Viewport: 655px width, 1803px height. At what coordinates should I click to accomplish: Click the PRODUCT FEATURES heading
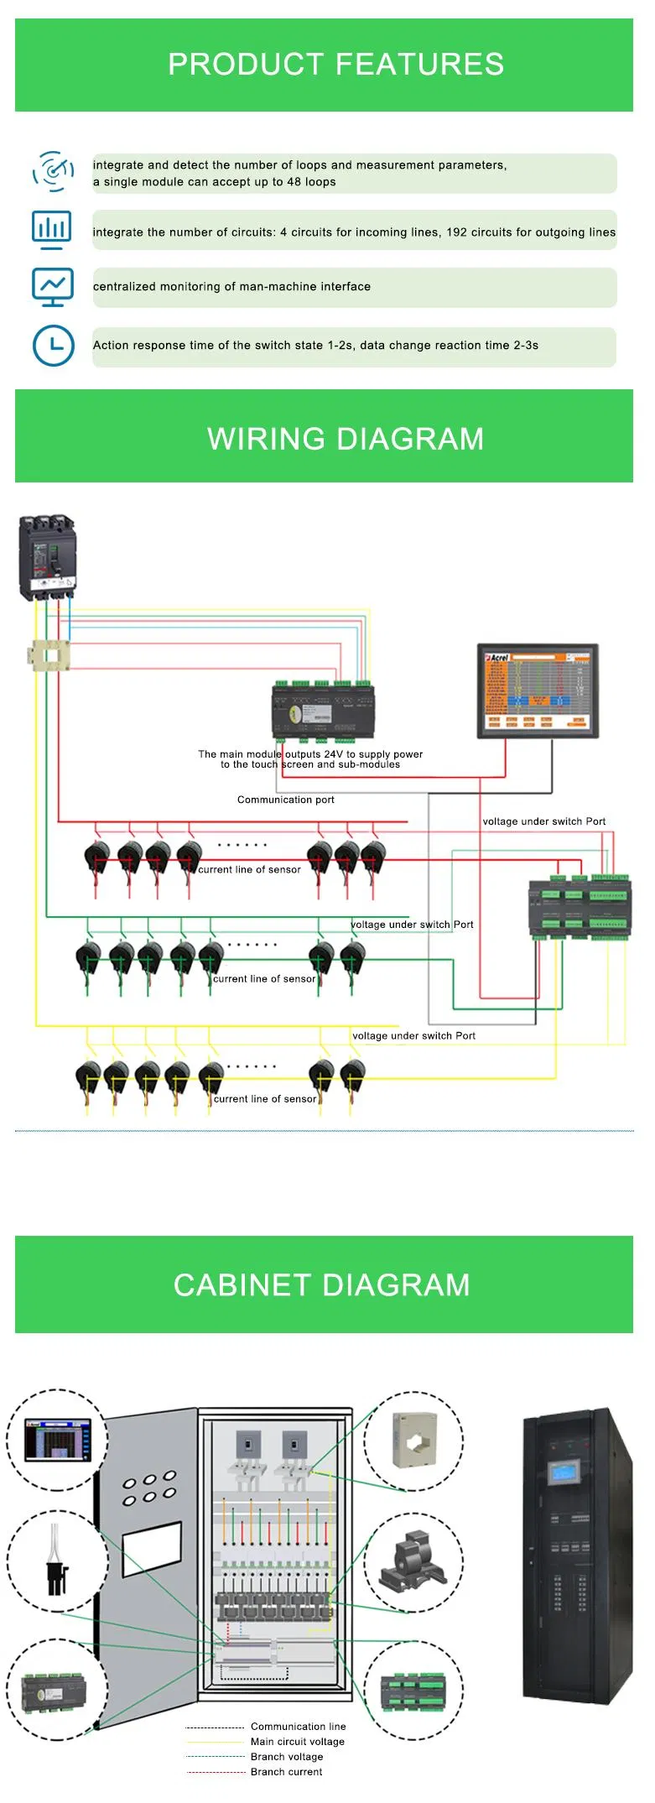click(x=335, y=65)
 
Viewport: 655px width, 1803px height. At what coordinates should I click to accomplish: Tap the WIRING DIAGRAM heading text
click(x=345, y=439)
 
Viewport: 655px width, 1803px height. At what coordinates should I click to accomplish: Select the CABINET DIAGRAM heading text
click(x=321, y=1285)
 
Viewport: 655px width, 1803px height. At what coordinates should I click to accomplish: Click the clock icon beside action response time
click(x=53, y=345)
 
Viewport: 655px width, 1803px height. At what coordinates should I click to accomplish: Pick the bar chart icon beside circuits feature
click(x=51, y=229)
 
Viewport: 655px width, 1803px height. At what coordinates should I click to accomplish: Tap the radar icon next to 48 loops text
click(x=53, y=171)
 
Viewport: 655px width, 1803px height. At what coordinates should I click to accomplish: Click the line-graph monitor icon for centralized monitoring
click(x=52, y=287)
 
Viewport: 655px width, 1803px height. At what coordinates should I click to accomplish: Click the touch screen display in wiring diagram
click(x=538, y=691)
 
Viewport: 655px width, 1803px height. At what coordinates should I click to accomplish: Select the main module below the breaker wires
click(x=323, y=711)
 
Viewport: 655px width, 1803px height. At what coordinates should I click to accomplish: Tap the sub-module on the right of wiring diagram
click(x=579, y=906)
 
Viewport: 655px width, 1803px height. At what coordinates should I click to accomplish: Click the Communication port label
click(x=285, y=800)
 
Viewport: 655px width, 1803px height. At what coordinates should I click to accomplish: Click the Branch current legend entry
click(x=286, y=1771)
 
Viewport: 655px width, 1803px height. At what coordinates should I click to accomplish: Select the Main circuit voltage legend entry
click(x=297, y=1741)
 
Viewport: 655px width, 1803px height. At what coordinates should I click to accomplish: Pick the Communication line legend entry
click(x=298, y=1726)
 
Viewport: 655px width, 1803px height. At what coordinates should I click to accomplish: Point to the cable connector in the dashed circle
click(x=56, y=1561)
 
